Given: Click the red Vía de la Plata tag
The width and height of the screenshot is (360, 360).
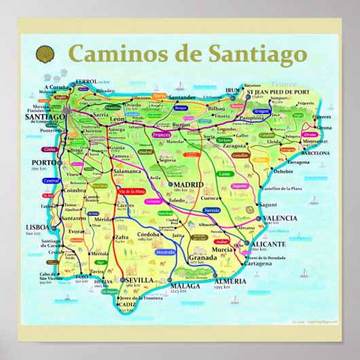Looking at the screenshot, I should pyautogui.click(x=132, y=192).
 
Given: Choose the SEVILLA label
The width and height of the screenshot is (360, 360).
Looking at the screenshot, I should pyautogui.click(x=138, y=280).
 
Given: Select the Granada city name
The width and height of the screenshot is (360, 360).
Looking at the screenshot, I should pyautogui.click(x=203, y=258).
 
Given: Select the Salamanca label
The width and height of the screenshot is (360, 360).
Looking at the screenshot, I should pyautogui.click(x=128, y=173).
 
